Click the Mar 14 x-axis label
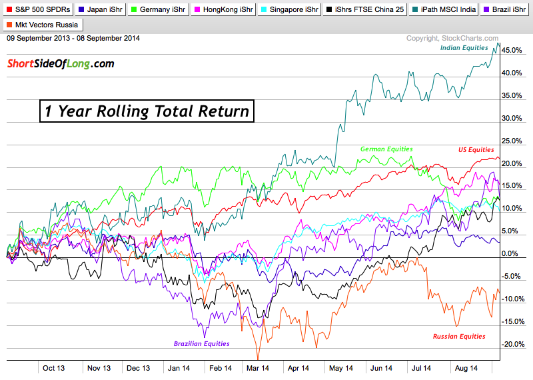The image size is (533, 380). [x=257, y=367]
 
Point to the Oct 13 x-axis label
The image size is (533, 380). [x=53, y=367]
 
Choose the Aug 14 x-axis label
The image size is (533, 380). [x=464, y=367]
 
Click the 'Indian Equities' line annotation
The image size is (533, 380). [x=464, y=48]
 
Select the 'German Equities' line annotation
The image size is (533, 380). [x=386, y=149]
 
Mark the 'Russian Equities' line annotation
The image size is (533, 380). [x=459, y=336]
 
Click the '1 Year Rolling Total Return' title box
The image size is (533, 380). [x=147, y=111]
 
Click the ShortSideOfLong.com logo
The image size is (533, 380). [x=61, y=64]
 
